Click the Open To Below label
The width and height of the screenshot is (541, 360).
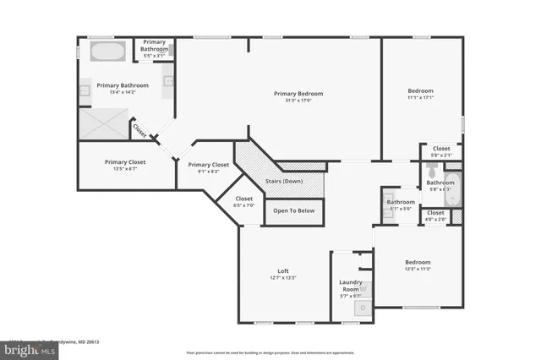[x=293, y=210]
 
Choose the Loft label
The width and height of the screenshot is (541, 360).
[x=283, y=270]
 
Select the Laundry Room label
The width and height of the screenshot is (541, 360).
[x=350, y=285]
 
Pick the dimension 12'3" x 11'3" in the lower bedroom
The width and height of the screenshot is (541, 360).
[x=418, y=270]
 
